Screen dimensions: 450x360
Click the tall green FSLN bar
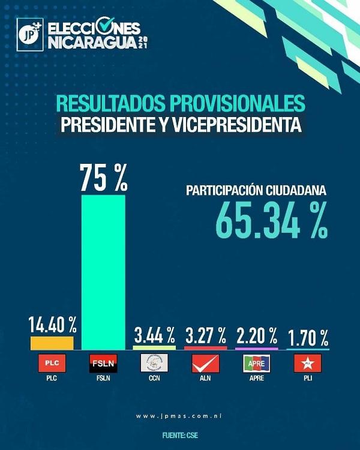pos(103,271)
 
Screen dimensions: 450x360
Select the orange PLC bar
pos(52,343)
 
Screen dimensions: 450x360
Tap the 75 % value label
pos(104,178)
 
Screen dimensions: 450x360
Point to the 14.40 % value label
pos(52,325)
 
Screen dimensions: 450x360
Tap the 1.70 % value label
pos(308,335)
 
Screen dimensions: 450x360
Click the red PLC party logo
pos(52,363)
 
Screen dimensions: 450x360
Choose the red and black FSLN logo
pos(103,363)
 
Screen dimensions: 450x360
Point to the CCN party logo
pos(154,363)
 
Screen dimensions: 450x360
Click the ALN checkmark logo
pos(205,363)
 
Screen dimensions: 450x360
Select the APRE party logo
pos(256,363)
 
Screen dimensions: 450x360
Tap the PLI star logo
pos(308,363)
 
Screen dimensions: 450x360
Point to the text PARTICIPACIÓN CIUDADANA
pos(256,191)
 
